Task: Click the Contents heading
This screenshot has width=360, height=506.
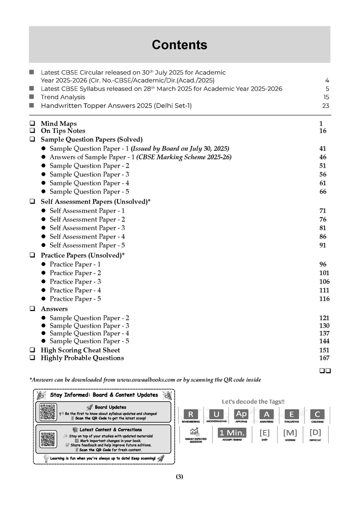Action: tap(179, 45)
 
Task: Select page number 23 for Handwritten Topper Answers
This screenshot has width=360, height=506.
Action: tap(326, 106)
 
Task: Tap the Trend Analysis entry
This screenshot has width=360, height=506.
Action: tap(63, 97)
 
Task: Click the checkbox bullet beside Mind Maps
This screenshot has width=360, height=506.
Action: tap(32, 124)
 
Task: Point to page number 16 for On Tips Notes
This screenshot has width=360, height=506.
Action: tap(323, 131)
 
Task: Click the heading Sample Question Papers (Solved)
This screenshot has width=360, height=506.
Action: tap(91, 140)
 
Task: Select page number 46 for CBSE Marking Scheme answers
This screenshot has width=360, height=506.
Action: tap(323, 157)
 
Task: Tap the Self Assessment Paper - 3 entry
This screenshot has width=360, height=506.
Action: tap(87, 228)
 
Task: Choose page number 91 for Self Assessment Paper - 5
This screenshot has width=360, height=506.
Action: tap(323, 245)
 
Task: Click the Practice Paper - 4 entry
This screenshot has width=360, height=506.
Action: tap(75, 290)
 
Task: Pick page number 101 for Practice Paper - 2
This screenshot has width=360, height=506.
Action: tap(324, 273)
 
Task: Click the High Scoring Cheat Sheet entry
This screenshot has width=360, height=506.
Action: tap(80, 350)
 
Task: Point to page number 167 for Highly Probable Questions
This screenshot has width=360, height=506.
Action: tap(324, 358)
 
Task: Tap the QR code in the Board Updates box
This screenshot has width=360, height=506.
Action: tap(48, 412)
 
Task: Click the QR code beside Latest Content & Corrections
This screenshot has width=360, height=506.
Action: tap(48, 439)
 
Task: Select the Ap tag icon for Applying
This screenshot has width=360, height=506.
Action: tap(241, 414)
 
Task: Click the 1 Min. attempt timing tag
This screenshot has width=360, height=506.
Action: tap(232, 433)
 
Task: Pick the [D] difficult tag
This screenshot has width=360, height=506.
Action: tap(315, 433)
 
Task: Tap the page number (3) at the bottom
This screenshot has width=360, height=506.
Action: tap(179, 477)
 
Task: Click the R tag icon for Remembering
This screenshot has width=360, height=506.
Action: tap(191, 414)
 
